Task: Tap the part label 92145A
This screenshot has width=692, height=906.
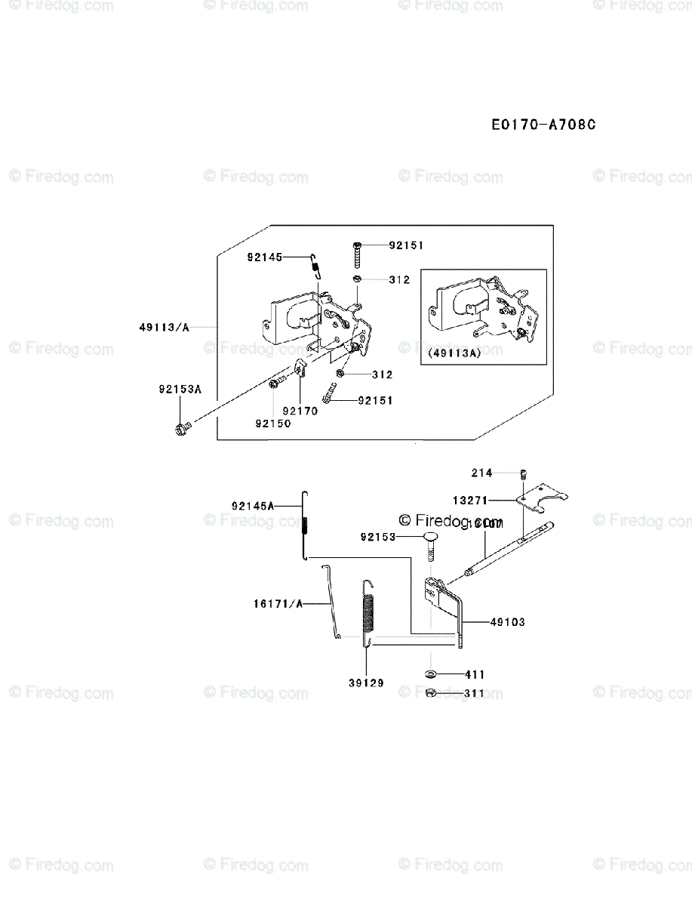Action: point(253,505)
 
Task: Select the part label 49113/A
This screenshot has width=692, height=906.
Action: point(164,327)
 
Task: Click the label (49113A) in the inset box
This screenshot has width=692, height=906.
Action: point(454,353)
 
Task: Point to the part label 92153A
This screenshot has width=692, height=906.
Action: point(180,390)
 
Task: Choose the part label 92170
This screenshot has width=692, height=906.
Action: point(300,411)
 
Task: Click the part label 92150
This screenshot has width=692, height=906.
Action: point(272,424)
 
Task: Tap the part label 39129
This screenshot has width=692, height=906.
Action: point(366,683)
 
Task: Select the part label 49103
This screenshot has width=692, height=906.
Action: point(507,622)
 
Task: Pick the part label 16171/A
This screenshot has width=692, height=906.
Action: point(277,603)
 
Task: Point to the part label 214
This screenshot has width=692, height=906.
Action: point(482,473)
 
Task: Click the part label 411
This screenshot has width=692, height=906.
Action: point(475,674)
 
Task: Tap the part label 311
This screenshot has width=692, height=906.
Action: point(475,692)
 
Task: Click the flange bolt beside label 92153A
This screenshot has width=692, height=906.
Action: point(182,430)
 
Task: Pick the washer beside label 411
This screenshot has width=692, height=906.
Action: point(429,673)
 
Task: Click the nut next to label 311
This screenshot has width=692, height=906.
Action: point(429,692)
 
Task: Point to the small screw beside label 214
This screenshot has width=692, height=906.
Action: point(521,474)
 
